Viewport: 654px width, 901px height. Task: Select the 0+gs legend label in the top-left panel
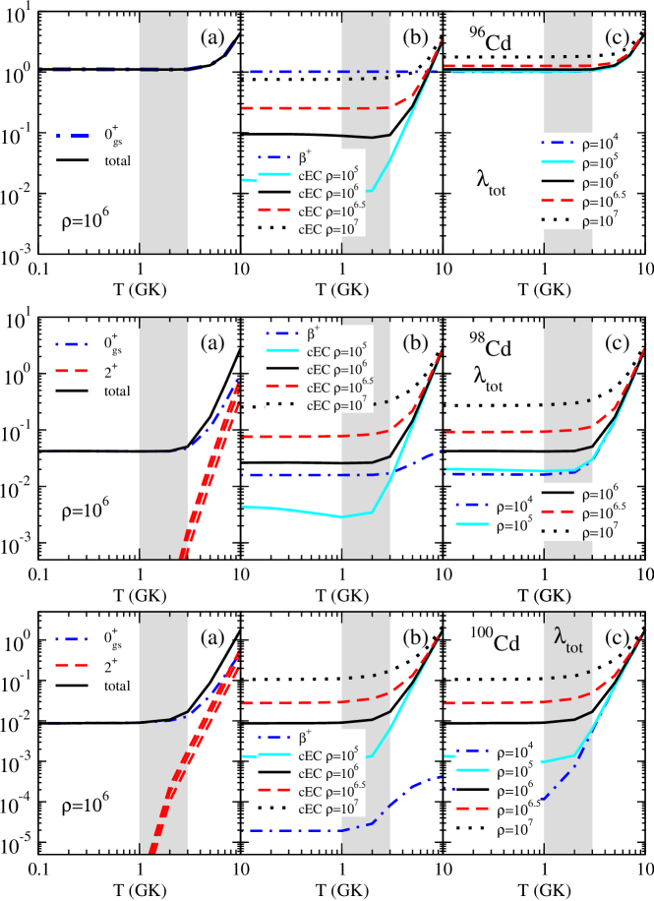tap(111, 137)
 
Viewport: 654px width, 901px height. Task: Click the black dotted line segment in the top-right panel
tap(571, 56)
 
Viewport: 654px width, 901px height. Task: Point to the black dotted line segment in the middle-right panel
tap(571, 402)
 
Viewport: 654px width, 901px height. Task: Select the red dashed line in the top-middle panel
tap(315, 108)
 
